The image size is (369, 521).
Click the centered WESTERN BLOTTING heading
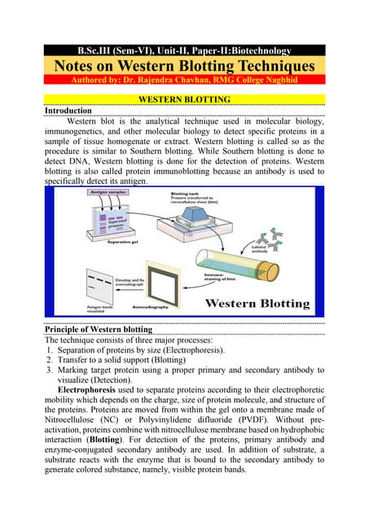click(184, 98)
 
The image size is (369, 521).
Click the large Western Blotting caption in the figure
click(258, 304)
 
